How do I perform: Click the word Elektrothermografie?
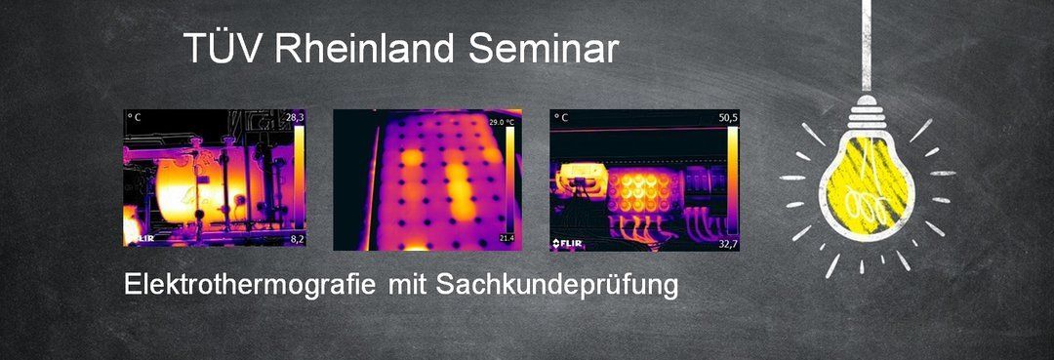250,285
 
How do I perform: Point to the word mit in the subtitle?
405,285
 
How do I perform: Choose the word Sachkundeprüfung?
557,286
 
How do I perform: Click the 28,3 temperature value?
296,117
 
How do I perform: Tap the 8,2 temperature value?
297,238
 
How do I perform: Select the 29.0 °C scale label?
502,122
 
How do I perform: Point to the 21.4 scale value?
507,238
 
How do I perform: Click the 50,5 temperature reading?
729,117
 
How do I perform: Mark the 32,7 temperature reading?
729,244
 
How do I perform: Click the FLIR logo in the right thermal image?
567,243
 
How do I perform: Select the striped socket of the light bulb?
868,114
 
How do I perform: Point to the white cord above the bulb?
867,46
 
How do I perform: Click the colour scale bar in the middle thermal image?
509,180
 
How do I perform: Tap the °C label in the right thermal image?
560,117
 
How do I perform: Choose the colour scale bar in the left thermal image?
300,179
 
